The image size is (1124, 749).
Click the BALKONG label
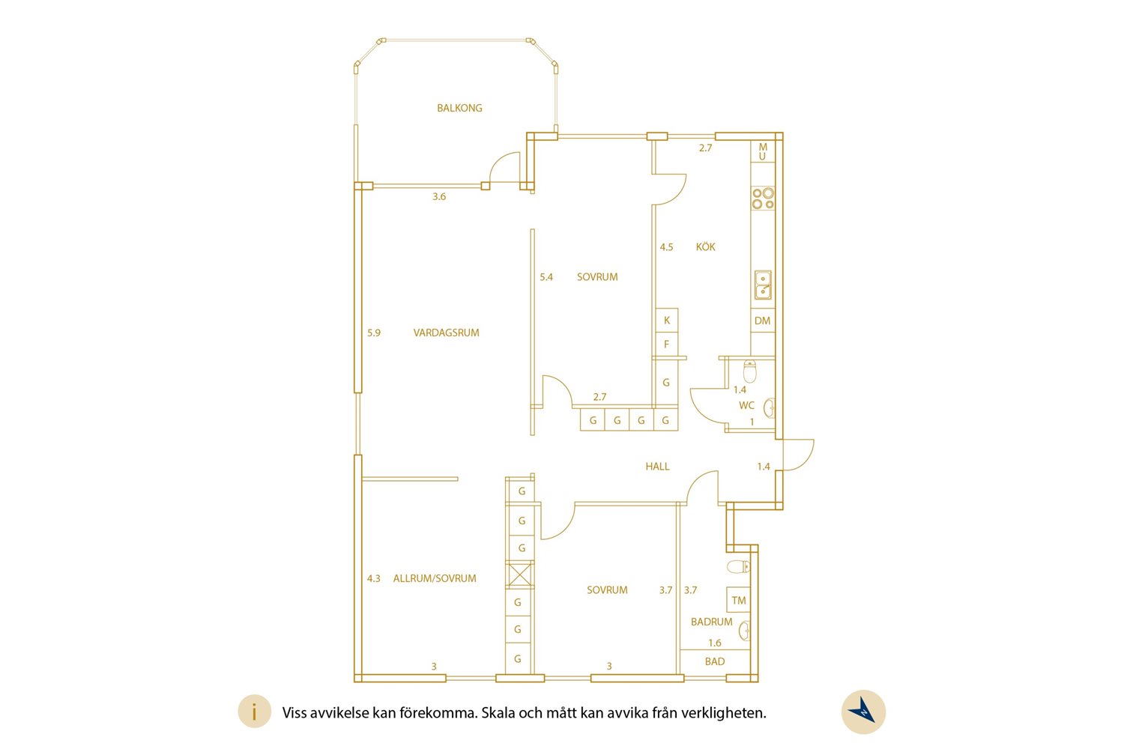(x=459, y=108)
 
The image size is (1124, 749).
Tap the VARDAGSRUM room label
(x=446, y=333)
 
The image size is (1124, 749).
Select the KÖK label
(x=705, y=246)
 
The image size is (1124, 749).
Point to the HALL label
(x=657, y=467)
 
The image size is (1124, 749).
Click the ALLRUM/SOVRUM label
(x=435, y=578)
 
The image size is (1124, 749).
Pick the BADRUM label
(x=712, y=622)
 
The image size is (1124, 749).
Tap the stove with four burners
(x=763, y=198)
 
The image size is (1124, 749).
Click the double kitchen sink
(x=763, y=285)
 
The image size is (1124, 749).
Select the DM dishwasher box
(x=763, y=321)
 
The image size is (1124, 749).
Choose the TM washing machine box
(x=739, y=600)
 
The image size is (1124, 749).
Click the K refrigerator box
(x=667, y=320)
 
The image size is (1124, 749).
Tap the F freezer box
(x=667, y=344)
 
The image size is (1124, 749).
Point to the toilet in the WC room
(x=749, y=372)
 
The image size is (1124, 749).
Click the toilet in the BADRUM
(x=739, y=567)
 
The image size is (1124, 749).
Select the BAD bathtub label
(x=715, y=661)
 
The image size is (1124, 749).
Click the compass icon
(x=863, y=712)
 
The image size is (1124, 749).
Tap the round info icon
(x=255, y=712)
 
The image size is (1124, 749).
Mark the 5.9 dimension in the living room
(x=374, y=333)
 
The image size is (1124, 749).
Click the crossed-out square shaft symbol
(x=520, y=574)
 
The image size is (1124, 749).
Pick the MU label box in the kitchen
(x=763, y=151)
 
